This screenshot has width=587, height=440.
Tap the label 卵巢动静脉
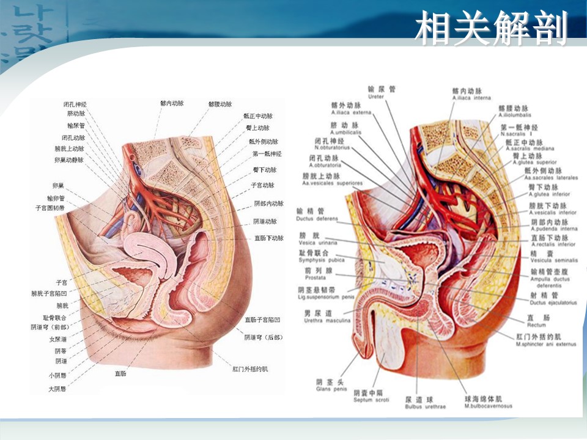pyautogui.click(x=68, y=160)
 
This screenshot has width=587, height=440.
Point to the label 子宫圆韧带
pyautogui.click(x=50, y=208)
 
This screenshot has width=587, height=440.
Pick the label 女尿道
pyautogui.click(x=58, y=339)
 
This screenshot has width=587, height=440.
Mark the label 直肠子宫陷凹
pyautogui.click(x=262, y=320)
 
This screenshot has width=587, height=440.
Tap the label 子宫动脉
pyautogui.click(x=262, y=185)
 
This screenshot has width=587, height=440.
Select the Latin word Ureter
pyautogui.click(x=376, y=97)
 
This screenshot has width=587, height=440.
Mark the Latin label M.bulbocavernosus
pyautogui.click(x=489, y=406)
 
